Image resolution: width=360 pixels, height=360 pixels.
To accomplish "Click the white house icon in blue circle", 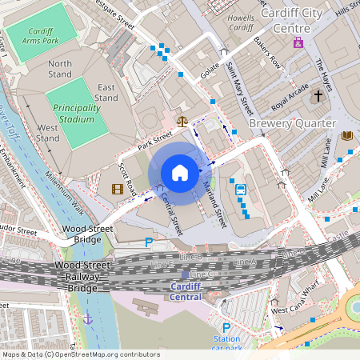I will click(180, 173).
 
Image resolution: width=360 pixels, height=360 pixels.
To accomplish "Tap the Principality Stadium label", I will click(78, 113).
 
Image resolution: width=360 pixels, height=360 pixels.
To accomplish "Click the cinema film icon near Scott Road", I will click(118, 190).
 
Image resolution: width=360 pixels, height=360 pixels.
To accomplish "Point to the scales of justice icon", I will click(182, 122).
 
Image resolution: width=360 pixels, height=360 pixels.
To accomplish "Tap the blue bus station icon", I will click(241, 189).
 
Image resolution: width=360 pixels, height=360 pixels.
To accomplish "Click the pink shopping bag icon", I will click(298, 42).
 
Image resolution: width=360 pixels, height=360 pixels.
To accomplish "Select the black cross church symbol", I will click(318, 96).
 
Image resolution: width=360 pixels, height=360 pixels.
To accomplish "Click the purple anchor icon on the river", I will click(88, 318).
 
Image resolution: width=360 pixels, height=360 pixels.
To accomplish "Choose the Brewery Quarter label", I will click(293, 124).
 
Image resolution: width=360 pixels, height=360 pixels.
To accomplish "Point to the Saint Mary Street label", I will click(238, 88).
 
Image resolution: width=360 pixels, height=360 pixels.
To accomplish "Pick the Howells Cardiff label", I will click(241, 21).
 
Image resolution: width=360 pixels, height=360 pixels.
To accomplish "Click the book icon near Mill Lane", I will click(347, 136).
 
